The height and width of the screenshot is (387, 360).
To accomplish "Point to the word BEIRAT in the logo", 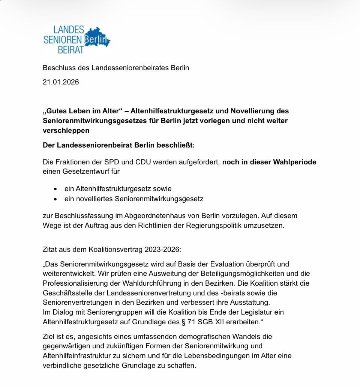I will click(70, 50).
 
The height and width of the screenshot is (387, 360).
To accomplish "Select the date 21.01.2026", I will click(61, 82).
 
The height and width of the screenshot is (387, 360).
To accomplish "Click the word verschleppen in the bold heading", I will click(66, 131).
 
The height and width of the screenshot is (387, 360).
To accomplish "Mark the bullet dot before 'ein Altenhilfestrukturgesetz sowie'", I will click(55, 189).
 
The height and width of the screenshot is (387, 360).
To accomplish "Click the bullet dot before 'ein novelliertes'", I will click(55, 199).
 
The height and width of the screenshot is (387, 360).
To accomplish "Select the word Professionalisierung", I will click(75, 283).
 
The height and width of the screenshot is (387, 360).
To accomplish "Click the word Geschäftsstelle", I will click(67, 293).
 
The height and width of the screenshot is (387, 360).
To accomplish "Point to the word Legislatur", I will click(263, 312).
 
